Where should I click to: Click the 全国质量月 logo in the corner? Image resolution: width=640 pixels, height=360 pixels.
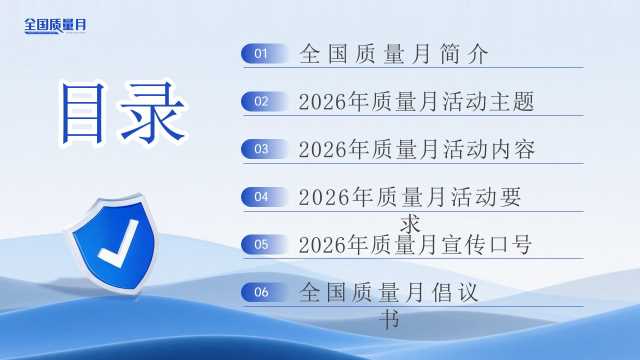pos(55,25)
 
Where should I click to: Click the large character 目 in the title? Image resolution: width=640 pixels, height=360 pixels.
pos(82,113)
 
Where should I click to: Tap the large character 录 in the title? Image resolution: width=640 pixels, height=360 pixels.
pos(152,113)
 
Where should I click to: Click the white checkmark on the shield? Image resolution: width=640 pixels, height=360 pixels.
pos(119,244)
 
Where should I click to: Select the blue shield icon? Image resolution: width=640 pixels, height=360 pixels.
pos(113,244)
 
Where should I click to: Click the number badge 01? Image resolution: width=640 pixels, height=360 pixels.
pos(264,53)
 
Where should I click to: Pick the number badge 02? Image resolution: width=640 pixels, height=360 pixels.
pos(264,101)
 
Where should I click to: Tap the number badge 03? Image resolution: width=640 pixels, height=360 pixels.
pos(264,149)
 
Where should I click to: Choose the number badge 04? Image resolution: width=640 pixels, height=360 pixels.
pos(264,197)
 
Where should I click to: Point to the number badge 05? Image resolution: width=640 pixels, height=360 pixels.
pos(264,244)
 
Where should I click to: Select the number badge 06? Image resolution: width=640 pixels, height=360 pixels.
pos(264,292)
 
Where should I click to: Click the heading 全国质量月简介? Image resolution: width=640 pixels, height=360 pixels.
pos(393,54)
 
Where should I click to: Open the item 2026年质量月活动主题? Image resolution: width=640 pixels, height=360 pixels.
pos(416,102)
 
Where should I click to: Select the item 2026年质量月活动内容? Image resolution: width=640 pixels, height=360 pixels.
pos(416,149)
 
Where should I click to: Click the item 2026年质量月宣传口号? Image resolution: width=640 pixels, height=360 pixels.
pos(415,245)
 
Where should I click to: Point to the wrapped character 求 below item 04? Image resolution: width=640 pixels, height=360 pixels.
pos(410,224)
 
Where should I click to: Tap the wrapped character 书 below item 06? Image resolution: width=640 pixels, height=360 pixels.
pos(389,319)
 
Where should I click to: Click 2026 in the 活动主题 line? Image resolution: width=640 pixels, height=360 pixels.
pos(323,102)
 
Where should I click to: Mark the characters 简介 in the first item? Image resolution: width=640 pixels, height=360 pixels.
pos(464,54)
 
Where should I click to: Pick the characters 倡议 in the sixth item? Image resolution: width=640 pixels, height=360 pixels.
pos(455,292)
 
